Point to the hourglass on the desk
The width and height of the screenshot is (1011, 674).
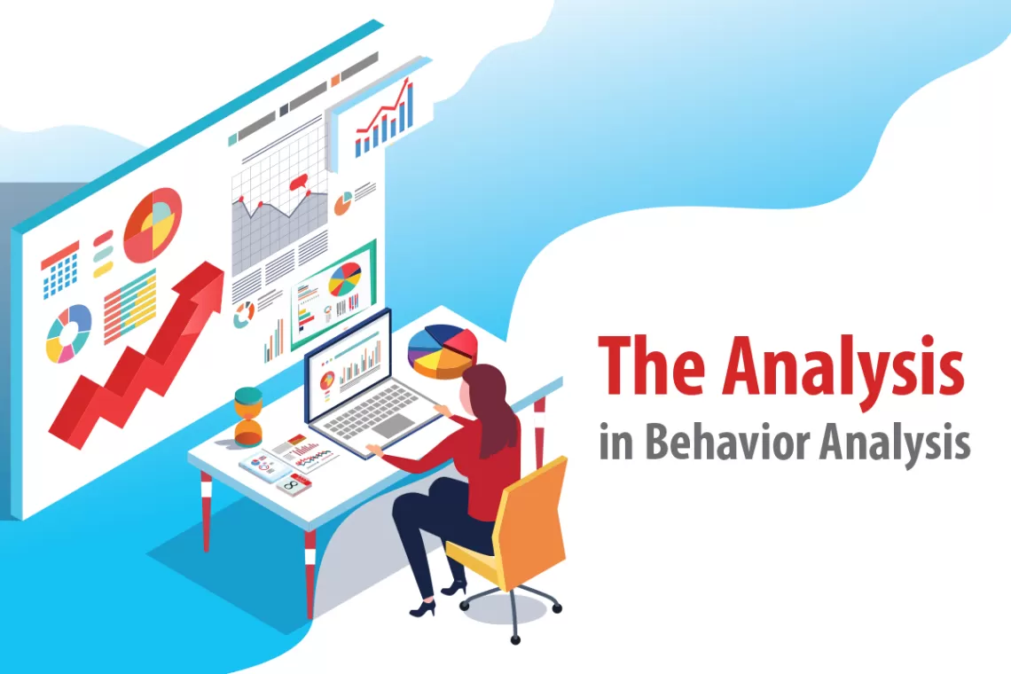pos(248,417)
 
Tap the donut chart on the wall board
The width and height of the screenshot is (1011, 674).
pos(68,333)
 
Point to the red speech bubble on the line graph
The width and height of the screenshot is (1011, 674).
pos(298,184)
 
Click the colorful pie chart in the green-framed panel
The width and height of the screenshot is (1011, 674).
pos(345,279)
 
